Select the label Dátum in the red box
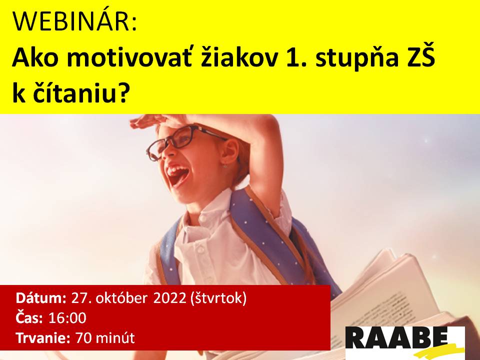(41, 298)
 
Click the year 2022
(170, 298)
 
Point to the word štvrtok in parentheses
(218, 298)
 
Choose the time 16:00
(67, 318)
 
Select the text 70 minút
(105, 338)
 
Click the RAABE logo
(404, 342)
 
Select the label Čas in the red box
(29, 317)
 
